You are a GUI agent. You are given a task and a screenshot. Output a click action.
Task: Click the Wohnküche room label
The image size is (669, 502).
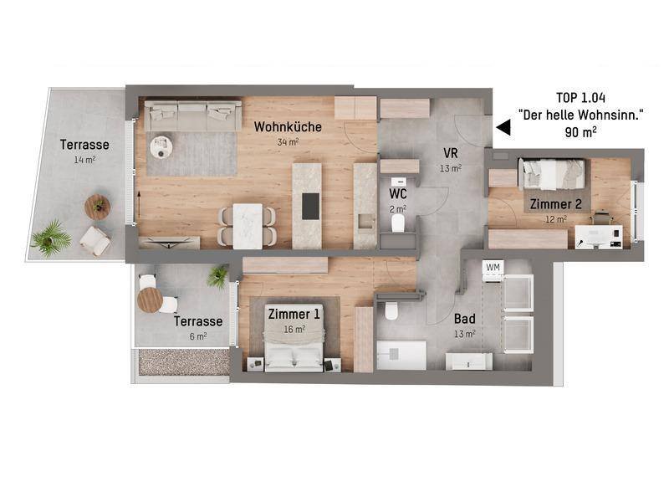tap(288, 127)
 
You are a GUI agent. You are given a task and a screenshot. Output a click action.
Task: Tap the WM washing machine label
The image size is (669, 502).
tap(493, 268)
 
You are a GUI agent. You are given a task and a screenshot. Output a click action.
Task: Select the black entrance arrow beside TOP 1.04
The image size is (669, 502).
tap(503, 127)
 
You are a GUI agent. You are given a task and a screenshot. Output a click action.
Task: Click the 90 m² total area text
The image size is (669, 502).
tap(580, 132)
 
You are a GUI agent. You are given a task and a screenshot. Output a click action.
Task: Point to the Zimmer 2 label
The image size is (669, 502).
tap(555, 204)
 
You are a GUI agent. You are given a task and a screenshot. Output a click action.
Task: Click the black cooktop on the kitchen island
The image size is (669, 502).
tap(310, 206)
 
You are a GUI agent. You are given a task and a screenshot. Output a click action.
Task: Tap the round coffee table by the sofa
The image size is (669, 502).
tap(161, 147)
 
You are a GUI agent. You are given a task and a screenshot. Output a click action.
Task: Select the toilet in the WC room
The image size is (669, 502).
tap(398, 223)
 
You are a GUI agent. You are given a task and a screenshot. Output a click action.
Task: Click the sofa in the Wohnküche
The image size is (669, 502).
tap(193, 115)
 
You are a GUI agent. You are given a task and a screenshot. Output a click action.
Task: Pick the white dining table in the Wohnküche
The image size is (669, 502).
tap(248, 226)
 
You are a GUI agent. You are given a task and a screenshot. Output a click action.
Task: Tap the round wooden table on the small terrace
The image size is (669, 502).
tap(150, 300)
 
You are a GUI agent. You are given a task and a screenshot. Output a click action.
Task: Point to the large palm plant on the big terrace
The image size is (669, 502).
tap(51, 239)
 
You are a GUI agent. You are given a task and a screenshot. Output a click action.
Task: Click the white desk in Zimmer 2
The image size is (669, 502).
tap(599, 236)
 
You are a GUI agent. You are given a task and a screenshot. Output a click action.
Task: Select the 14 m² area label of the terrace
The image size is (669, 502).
tap(84, 160)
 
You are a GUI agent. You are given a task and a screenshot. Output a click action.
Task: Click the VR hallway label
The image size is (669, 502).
tap(451, 153)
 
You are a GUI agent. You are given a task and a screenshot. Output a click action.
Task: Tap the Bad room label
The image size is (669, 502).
tap(465, 319)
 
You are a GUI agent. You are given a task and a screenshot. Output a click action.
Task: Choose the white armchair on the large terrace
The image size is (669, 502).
tap(95, 241)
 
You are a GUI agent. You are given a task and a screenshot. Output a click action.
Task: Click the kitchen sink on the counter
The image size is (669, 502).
tap(365, 221)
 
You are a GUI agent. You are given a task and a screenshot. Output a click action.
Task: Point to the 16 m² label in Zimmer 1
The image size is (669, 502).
tap(294, 329)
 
